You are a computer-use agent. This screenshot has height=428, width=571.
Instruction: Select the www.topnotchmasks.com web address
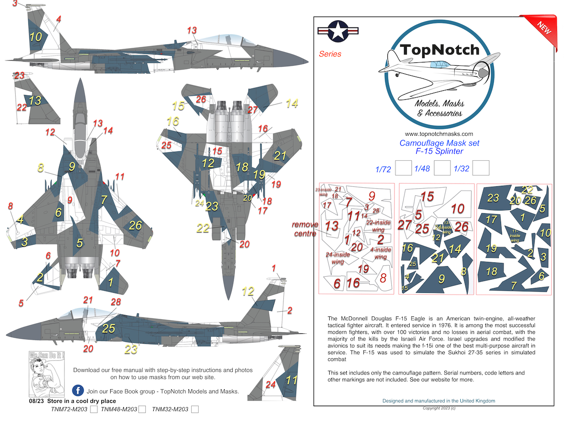point(439,134)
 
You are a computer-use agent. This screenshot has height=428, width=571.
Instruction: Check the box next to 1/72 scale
point(402,168)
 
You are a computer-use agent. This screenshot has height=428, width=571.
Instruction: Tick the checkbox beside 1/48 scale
point(442,168)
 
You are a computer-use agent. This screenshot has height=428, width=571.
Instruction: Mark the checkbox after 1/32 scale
point(481,168)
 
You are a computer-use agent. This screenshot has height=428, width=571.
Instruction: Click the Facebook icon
point(78,391)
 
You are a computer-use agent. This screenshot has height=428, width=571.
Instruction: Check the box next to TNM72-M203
point(94,410)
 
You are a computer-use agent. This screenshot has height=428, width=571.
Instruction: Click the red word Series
point(330,54)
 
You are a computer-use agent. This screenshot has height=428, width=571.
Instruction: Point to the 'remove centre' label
point(305,229)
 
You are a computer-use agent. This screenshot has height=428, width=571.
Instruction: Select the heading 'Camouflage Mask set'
point(439,143)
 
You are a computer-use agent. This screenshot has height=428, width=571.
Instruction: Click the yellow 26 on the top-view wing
point(135,226)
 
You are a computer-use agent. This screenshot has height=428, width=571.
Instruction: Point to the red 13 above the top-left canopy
point(191,30)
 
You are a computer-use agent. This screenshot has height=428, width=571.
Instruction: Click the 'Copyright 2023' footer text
point(439,408)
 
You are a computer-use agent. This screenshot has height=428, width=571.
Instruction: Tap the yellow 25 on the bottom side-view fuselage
point(109,328)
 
